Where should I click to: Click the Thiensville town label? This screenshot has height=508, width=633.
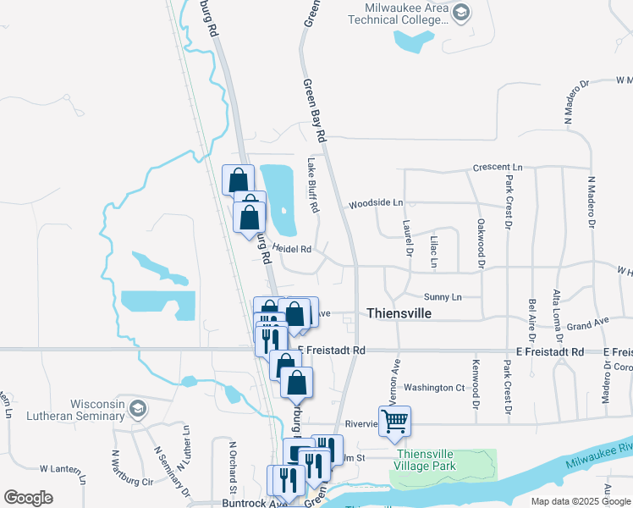399,313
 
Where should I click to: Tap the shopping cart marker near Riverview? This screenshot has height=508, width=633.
394,421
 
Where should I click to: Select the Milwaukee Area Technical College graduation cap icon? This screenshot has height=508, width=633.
460,13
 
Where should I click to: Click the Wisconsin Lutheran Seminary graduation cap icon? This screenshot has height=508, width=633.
137,410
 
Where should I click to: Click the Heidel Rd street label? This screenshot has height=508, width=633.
294,250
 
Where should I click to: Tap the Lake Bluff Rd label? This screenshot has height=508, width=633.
312,185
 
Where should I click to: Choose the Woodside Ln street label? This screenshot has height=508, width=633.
376,203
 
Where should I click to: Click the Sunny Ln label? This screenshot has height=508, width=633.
443,297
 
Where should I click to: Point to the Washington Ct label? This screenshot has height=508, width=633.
435,387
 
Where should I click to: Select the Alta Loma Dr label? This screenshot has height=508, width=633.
556,311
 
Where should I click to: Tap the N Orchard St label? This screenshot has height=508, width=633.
231,467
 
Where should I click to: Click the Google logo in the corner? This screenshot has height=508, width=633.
28,498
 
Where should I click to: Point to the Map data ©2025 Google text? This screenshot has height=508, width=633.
581,501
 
